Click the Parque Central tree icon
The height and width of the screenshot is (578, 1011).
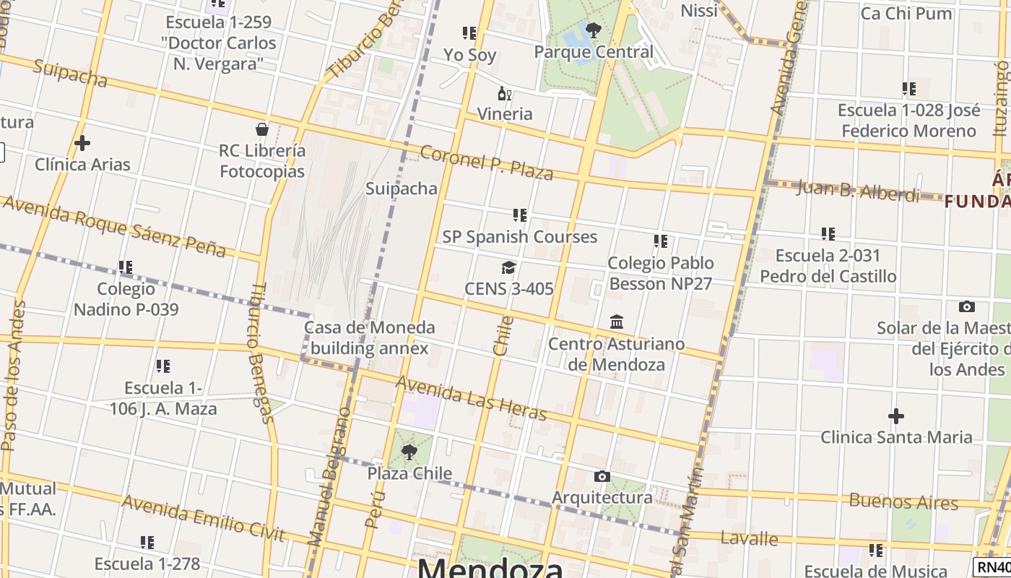[x=594, y=30]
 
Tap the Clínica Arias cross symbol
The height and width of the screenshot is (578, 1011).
[x=82, y=143]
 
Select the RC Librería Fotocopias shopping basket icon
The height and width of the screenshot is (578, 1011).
[x=262, y=129]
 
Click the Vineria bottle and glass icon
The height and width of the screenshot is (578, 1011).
[x=505, y=93]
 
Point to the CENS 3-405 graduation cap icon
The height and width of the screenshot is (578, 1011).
[x=509, y=268]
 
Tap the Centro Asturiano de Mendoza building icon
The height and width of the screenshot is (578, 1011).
[x=617, y=322]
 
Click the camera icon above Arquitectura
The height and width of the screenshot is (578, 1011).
[x=602, y=476]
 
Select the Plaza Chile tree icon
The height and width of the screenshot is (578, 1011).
[x=409, y=452]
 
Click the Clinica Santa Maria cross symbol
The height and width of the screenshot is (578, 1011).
[x=895, y=416]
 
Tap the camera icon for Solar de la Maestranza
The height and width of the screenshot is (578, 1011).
[x=966, y=306]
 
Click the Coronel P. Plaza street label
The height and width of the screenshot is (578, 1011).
[x=486, y=163]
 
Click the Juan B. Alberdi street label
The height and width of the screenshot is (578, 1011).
[x=858, y=191]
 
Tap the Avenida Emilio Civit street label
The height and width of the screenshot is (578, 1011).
[x=203, y=518]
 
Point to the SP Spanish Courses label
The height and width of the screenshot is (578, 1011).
[x=520, y=237]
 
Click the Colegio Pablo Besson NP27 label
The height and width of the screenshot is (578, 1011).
[x=660, y=273]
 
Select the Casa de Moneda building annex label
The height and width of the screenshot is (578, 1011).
[x=370, y=338]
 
